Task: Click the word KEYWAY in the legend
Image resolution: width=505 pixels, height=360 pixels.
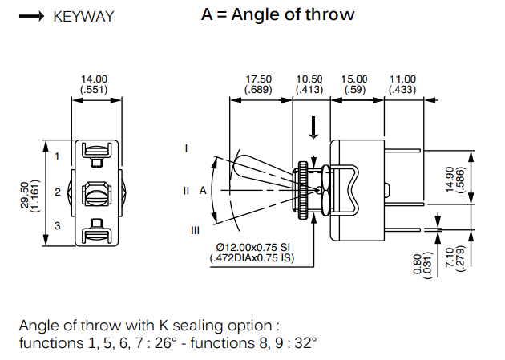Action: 83,16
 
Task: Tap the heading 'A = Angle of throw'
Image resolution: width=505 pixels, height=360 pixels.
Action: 277,14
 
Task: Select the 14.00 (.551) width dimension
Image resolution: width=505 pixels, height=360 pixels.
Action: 95,84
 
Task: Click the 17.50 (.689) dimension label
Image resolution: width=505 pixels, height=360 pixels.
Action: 259,84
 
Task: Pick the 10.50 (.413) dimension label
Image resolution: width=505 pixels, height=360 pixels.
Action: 309,84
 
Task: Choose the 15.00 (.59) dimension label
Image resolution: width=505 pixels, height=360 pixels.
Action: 354,84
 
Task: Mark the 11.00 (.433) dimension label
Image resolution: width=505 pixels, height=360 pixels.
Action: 402,84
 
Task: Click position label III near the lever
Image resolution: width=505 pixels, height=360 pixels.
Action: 195,231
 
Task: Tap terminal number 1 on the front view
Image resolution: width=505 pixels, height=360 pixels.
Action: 58,156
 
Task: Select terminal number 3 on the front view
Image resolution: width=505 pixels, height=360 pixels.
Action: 58,227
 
